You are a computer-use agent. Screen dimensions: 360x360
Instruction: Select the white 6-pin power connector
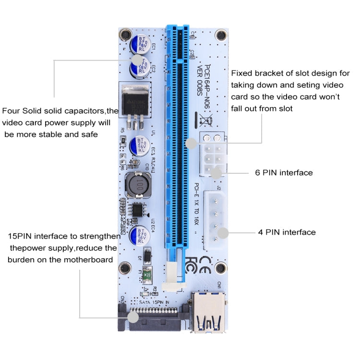211,156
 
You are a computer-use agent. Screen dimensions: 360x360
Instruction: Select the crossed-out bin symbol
204,118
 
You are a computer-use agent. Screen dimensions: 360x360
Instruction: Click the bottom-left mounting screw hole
126,267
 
